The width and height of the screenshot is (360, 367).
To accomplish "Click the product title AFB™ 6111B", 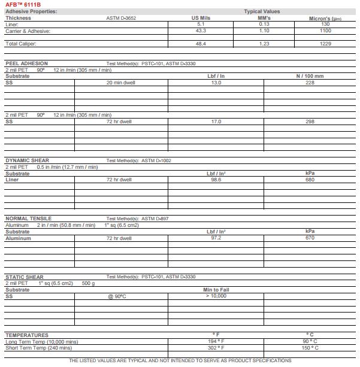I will tap(24, 5).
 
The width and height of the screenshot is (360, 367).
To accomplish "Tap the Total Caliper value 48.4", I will tap(200, 44).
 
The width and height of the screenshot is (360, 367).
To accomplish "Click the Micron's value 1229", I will tap(325, 44).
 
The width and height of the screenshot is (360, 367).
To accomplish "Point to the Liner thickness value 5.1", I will tap(200, 24).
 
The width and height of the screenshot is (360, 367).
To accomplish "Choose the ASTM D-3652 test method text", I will tap(121, 18).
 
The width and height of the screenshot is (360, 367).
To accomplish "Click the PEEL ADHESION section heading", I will tap(26, 63).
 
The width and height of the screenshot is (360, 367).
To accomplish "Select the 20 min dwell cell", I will tap(120, 83).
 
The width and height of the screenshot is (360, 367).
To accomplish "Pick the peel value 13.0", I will tap(216, 83).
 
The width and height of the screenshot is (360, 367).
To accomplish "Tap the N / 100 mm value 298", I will tap(310, 122).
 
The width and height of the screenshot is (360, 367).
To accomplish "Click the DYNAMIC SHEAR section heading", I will tap(28, 160).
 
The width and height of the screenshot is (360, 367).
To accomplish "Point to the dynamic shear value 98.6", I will tap(216, 180).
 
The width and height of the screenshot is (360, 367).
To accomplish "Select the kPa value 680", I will tap(310, 180).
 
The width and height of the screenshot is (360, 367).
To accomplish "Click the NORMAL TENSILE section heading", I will tap(29, 219).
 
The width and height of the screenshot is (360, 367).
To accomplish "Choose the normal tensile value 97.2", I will tap(216, 238).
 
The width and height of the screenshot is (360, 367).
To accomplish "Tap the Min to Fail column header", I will tap(216, 290).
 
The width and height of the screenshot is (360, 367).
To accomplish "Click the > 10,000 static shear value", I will tap(216, 296).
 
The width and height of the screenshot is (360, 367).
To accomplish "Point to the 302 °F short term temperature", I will tap(216, 347).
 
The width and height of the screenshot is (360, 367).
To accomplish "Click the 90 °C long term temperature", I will tap(310, 341).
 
